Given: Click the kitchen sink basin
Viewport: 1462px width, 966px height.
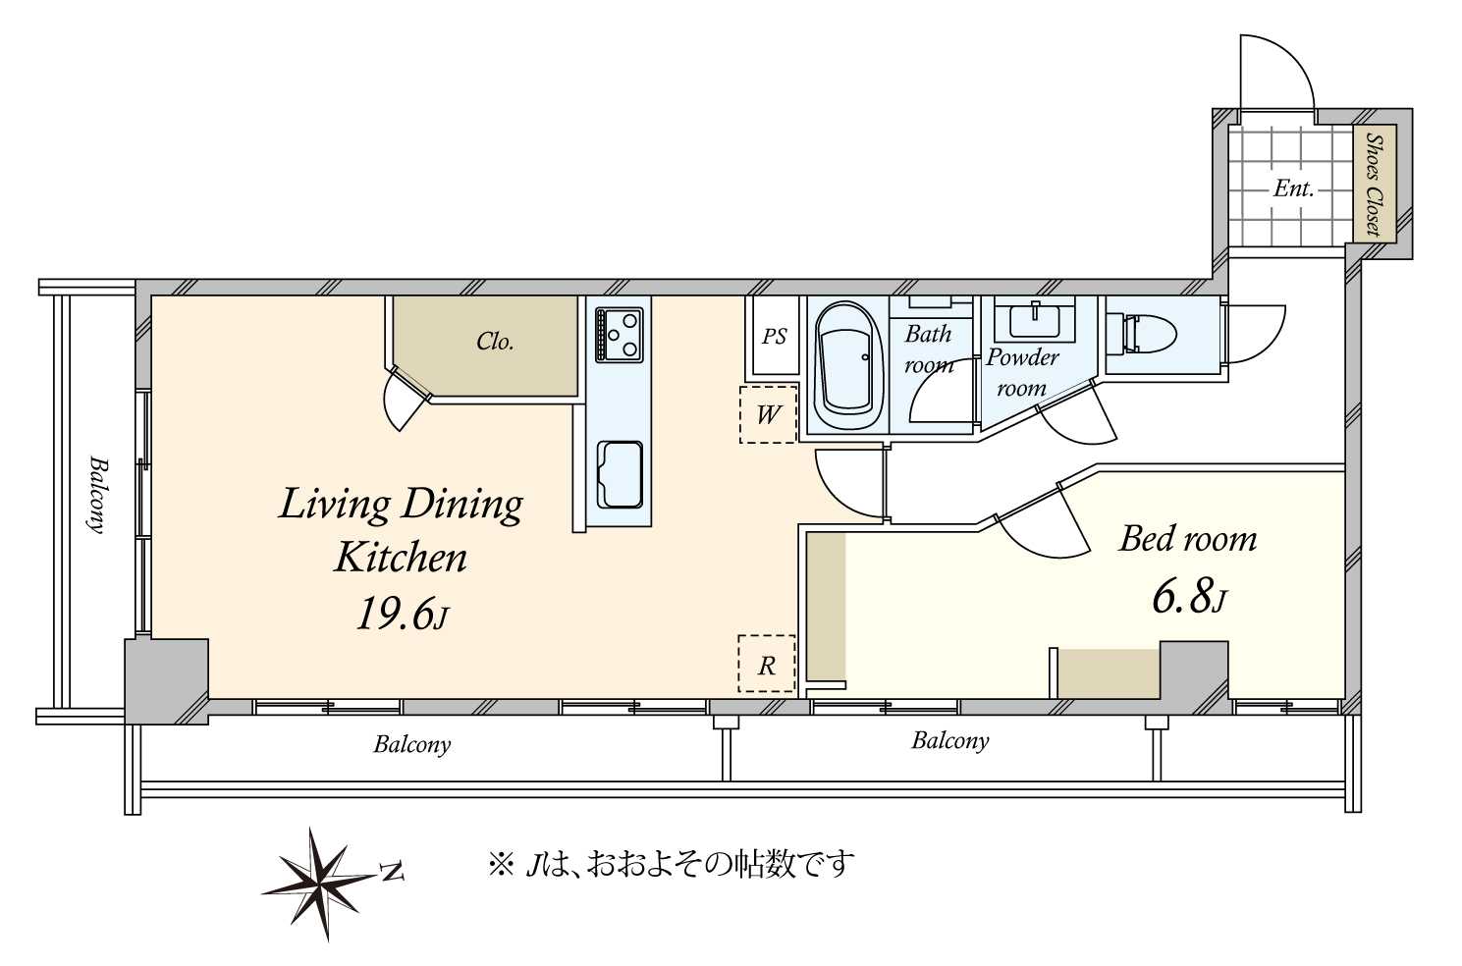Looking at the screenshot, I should tap(620, 474).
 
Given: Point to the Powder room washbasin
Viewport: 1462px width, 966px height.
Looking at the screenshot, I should tap(1034, 319).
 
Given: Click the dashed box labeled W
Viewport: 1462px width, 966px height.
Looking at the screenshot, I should tap(767, 414).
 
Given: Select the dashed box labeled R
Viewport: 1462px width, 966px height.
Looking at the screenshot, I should tap(766, 665).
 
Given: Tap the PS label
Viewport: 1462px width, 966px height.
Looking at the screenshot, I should tap(774, 337).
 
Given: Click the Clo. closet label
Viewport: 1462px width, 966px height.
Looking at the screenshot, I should tap(495, 342).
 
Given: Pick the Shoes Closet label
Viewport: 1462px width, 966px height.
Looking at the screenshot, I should tap(1374, 186).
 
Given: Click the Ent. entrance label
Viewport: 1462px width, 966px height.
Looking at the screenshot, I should tap(1293, 188).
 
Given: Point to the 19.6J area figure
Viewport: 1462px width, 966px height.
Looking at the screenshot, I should tap(402, 616).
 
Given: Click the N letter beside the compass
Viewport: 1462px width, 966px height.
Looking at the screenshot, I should tap(392, 871).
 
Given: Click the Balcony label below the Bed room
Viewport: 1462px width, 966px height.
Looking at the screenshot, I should tap(949, 740).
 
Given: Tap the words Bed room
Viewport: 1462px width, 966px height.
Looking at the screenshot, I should tap(1188, 539).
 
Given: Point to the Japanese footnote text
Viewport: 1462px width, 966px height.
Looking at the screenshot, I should tap(672, 864).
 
